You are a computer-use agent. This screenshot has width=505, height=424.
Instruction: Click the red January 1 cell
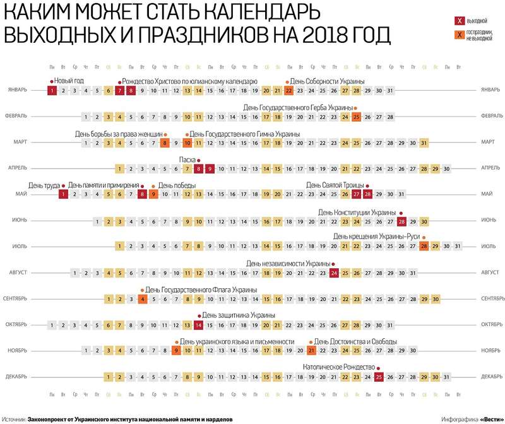click(x=52, y=90)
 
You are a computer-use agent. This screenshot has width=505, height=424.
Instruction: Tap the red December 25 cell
click(x=379, y=377)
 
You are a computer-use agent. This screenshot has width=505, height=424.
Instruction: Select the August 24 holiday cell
click(x=334, y=273)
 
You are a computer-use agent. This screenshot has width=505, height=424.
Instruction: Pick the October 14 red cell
click(x=198, y=325)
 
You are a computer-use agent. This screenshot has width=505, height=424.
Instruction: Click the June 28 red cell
click(x=401, y=221)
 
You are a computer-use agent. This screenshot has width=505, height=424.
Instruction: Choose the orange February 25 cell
click(x=356, y=117)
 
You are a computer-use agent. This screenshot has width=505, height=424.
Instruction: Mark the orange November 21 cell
click(x=311, y=351)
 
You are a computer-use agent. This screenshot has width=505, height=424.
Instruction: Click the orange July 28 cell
click(x=424, y=247)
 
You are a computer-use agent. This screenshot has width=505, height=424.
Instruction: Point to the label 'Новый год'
click(x=69, y=81)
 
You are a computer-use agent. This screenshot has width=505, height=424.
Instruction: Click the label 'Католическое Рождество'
click(x=340, y=367)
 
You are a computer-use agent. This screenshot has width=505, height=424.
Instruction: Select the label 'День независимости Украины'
click(x=288, y=263)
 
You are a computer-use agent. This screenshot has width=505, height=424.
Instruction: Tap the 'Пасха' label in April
click(x=187, y=159)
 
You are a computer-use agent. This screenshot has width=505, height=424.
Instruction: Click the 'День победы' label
click(x=177, y=185)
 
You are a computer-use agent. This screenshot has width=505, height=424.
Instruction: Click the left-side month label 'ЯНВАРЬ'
click(x=17, y=90)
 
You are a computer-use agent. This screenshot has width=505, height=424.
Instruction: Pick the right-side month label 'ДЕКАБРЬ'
click(x=490, y=377)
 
